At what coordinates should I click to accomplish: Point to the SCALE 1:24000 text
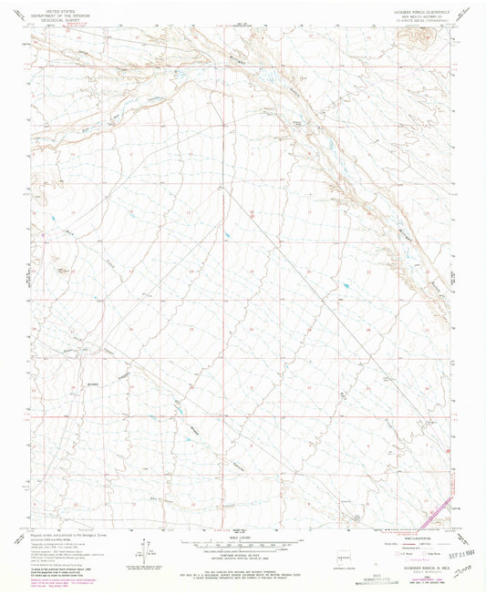242,538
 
